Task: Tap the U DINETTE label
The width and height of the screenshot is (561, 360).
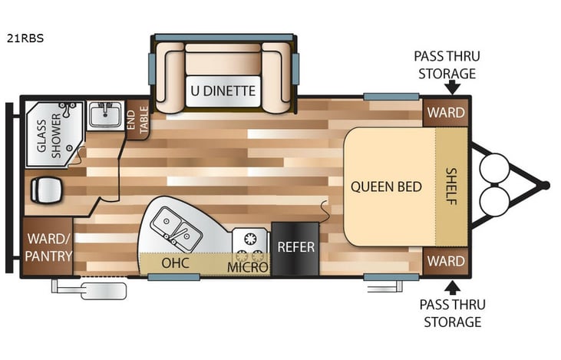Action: pyautogui.click(x=223, y=91)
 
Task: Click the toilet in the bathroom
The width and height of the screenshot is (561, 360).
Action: pyautogui.click(x=45, y=188)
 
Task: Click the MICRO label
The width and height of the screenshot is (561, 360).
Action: pyautogui.click(x=248, y=267)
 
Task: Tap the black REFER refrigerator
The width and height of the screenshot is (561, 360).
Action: pyautogui.click(x=295, y=247)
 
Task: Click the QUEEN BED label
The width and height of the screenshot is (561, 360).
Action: pyautogui.click(x=386, y=187)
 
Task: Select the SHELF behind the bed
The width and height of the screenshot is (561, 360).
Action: pyautogui.click(x=450, y=187)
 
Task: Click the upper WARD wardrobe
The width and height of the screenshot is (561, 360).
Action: pyautogui.click(x=446, y=112)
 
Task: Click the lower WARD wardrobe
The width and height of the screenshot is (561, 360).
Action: pyautogui.click(x=446, y=261)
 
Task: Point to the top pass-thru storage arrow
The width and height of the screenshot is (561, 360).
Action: pyautogui.click(x=452, y=88)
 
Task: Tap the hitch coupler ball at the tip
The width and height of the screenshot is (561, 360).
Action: pyautogui.click(x=544, y=185)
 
